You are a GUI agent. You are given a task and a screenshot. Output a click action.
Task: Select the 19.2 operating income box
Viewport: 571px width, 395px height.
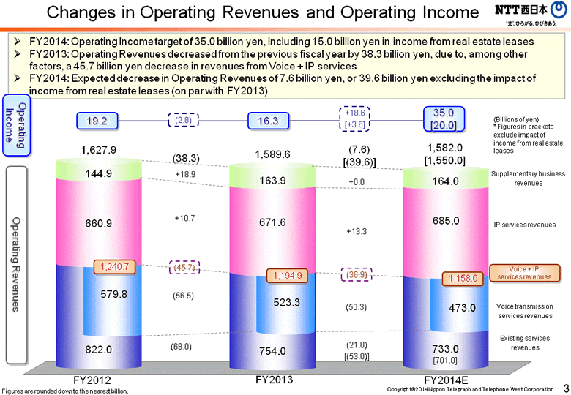click(97, 121)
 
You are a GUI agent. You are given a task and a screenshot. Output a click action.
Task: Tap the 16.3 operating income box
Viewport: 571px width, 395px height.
click(268, 121)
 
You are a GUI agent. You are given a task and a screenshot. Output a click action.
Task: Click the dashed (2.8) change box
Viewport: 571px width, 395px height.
click(182, 121)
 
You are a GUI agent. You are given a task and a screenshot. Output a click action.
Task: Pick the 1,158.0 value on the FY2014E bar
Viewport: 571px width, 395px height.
click(463, 278)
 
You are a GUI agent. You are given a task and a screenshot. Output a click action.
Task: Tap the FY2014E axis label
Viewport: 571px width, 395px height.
click(446, 380)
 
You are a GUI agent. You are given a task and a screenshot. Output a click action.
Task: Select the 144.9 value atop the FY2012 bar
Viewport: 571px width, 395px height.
click(98, 174)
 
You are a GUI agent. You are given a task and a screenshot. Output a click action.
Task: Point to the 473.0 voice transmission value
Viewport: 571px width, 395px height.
click(462, 308)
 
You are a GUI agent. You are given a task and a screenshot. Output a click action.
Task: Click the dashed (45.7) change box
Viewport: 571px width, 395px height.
click(184, 268)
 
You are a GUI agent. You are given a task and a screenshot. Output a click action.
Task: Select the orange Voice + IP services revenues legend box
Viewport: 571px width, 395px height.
click(524, 274)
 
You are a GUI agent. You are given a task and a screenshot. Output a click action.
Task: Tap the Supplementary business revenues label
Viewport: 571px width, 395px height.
click(528, 178)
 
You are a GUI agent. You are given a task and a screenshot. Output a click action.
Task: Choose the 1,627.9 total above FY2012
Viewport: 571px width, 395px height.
click(98, 150)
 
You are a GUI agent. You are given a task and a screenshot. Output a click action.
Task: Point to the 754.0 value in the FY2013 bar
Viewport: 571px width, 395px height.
click(272, 351)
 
